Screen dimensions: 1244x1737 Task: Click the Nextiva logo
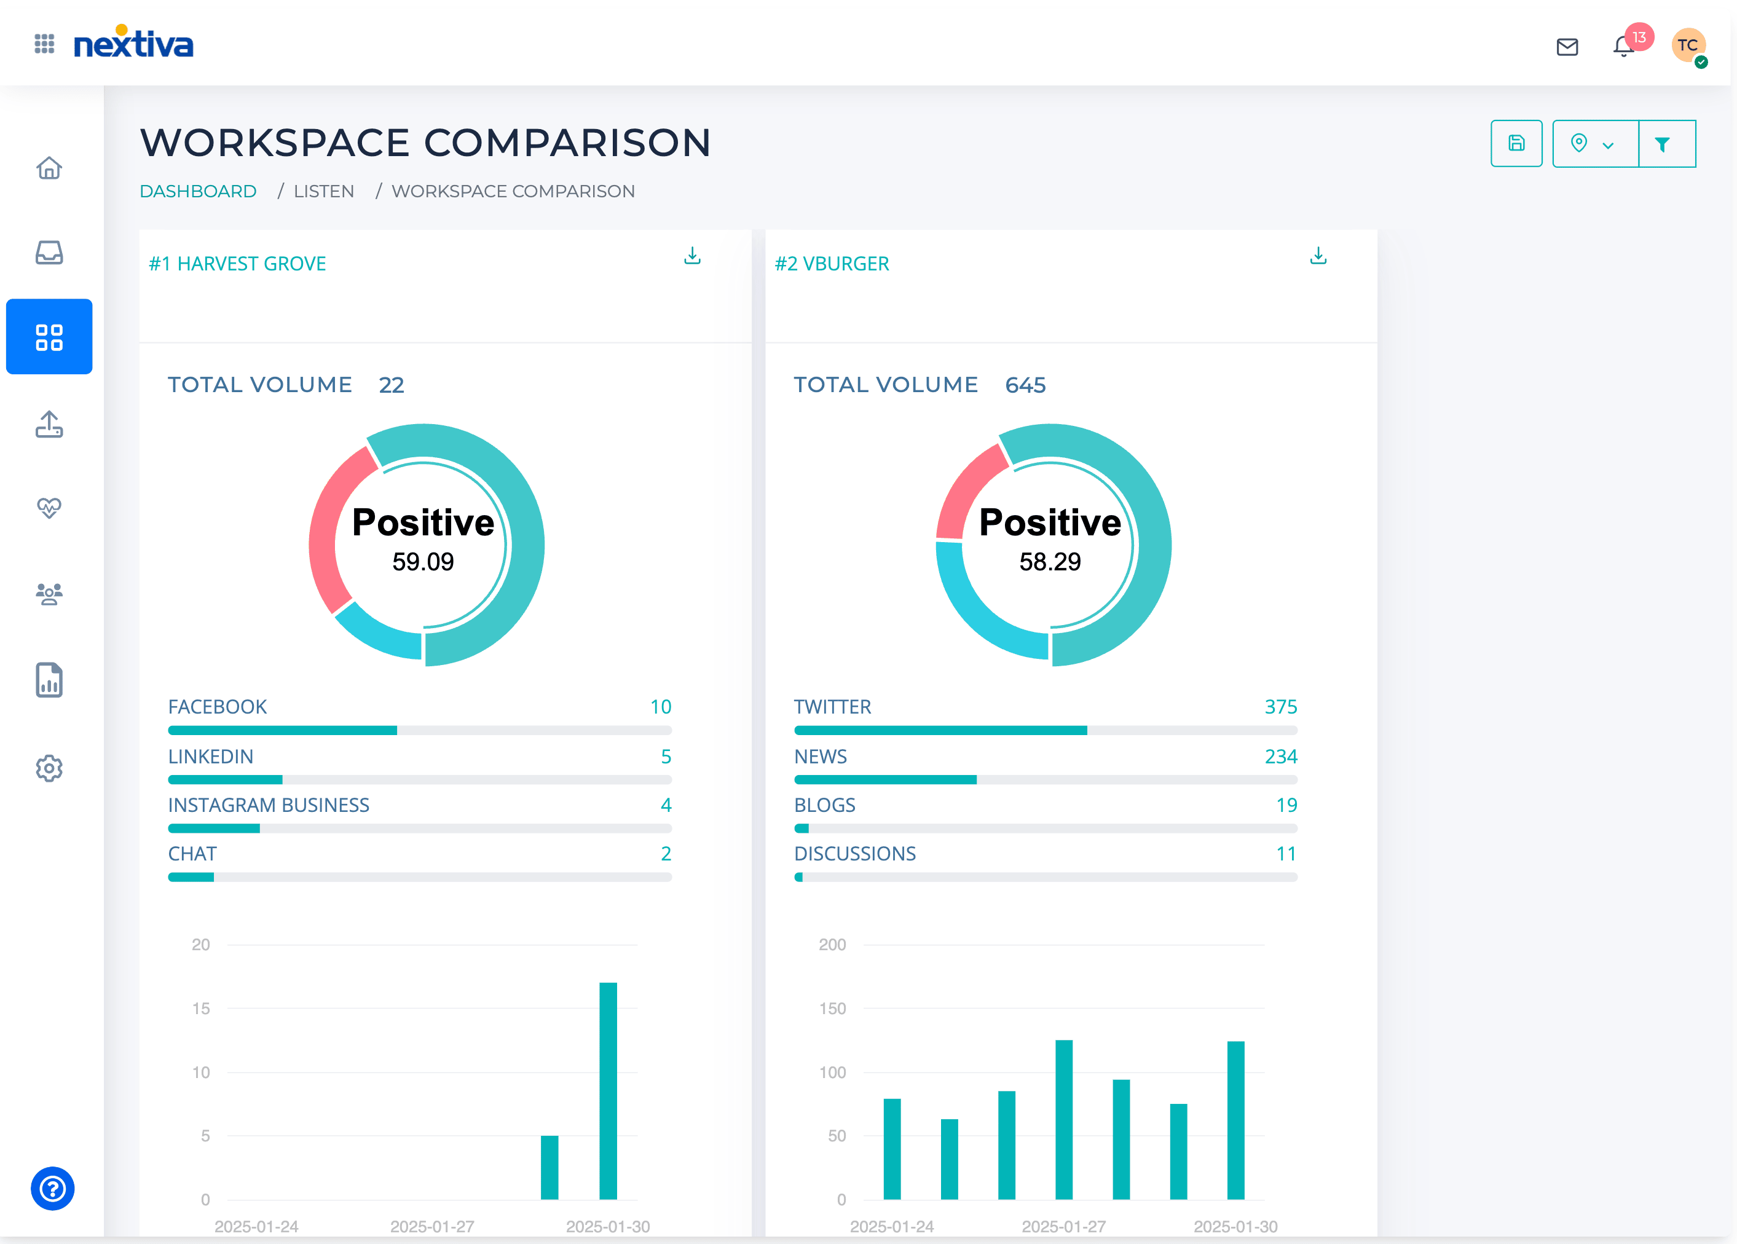click(133, 44)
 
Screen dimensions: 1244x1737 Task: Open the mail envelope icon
click(1567, 47)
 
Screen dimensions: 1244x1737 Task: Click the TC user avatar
click(1687, 46)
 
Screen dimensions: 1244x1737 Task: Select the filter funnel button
click(1662, 144)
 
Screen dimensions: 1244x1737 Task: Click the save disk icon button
click(1516, 143)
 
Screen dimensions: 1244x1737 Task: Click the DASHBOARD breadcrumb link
click(197, 192)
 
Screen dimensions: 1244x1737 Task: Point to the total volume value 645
click(1025, 385)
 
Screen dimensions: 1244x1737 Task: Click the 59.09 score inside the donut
click(423, 562)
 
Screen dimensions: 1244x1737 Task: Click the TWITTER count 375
click(1280, 707)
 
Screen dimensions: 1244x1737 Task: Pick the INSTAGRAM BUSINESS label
click(268, 805)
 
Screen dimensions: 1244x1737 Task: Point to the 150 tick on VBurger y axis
click(832, 1009)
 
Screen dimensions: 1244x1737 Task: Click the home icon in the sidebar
click(49, 168)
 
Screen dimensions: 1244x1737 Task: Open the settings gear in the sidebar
click(49, 768)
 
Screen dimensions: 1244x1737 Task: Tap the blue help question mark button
click(52, 1189)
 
